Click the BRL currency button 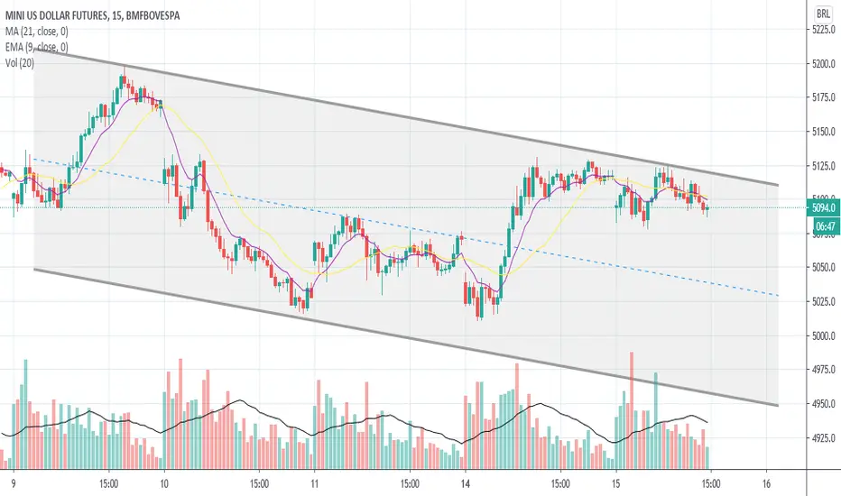pyautogui.click(x=822, y=14)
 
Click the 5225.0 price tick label pyautogui.click(x=822, y=30)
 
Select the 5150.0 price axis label pyautogui.click(x=822, y=133)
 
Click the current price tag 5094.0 pyautogui.click(x=822, y=208)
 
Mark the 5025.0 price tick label pyautogui.click(x=822, y=301)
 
